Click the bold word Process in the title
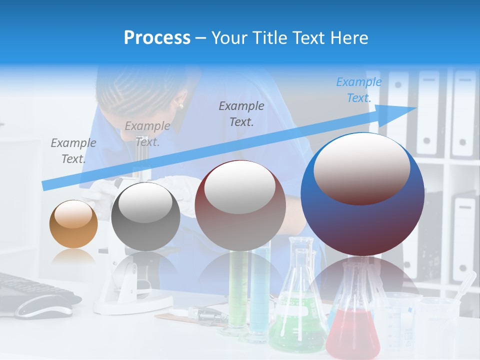pos(157,37)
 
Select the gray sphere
pos(145,216)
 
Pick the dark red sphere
pos(240,205)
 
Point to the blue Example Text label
pos(359,90)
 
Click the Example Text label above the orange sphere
pos(73,150)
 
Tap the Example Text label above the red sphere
pos(241,113)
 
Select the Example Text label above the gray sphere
pos(147,133)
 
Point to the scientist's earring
pos(180,105)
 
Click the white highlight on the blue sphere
pos(362,168)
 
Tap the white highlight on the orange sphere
pos(73,215)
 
